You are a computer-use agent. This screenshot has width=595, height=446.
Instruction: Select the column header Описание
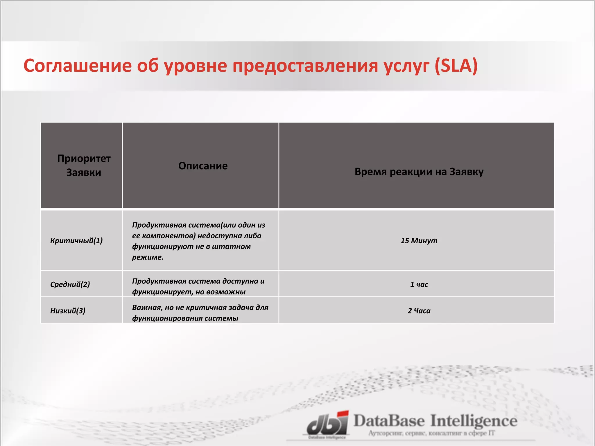click(203, 166)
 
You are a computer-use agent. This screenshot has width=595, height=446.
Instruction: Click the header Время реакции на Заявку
click(419, 172)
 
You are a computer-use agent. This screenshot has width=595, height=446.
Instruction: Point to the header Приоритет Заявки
click(84, 166)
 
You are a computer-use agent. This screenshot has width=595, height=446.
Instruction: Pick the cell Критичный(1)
click(76, 241)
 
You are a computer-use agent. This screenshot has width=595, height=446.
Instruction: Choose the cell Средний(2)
click(70, 284)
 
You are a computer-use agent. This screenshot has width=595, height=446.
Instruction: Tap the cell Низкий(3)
click(68, 311)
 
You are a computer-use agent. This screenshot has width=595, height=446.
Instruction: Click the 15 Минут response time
click(419, 241)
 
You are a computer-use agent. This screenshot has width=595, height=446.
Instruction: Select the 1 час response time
click(419, 284)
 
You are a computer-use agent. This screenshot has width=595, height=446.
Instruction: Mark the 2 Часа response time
click(419, 311)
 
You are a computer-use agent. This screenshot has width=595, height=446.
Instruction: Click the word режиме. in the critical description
click(148, 257)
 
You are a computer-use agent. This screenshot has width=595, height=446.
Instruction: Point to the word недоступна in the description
click(219, 236)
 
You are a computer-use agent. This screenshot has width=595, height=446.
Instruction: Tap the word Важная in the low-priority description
click(147, 307)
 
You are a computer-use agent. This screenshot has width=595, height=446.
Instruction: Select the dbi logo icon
click(328, 423)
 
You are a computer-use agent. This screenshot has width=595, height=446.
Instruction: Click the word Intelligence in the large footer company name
click(474, 421)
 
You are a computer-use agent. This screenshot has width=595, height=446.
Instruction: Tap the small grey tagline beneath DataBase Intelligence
click(431, 433)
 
